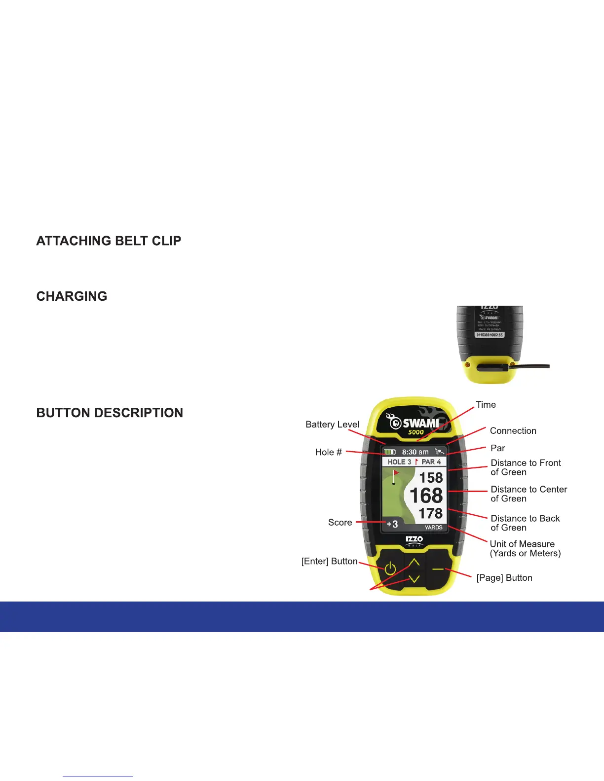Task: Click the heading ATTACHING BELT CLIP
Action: (x=109, y=241)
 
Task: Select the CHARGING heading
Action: (x=72, y=296)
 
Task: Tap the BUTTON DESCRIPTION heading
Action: (x=110, y=413)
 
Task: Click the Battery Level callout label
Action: (x=332, y=425)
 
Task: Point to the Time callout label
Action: (x=486, y=405)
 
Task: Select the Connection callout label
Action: (x=513, y=431)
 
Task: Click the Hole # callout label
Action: (x=328, y=452)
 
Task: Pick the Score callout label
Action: (x=340, y=523)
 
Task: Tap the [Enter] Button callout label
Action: (x=329, y=562)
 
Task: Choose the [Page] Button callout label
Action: (x=504, y=578)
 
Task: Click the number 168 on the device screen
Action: (x=426, y=496)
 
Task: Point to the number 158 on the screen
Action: (x=431, y=477)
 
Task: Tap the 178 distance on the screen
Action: (x=430, y=513)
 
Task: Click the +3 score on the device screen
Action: (x=392, y=524)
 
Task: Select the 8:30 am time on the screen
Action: (x=415, y=452)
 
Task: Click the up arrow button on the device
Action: (x=414, y=562)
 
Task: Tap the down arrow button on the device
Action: (x=414, y=579)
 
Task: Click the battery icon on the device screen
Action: (x=389, y=452)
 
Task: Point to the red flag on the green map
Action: (x=396, y=473)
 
